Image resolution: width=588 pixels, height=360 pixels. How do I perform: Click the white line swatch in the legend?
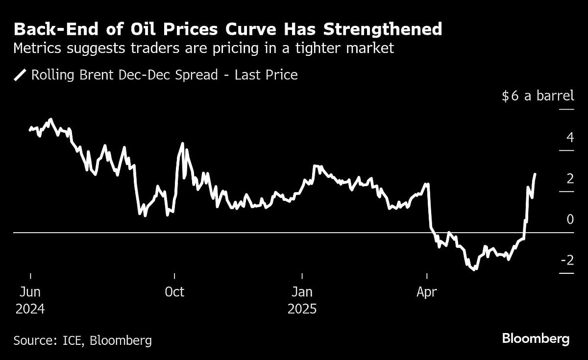[21, 75]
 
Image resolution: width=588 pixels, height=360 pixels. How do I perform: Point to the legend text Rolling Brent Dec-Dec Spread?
[124, 75]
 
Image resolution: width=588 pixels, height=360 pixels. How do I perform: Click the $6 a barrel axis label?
[538, 96]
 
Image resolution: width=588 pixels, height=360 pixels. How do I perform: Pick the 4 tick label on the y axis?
[570, 137]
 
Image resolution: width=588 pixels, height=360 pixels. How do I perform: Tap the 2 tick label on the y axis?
[570, 178]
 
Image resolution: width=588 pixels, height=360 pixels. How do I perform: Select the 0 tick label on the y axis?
[570, 219]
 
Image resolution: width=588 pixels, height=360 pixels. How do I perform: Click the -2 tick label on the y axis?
[567, 260]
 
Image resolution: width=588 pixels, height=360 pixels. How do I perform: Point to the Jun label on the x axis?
[30, 292]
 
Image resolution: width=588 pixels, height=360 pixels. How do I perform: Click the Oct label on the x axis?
[174, 292]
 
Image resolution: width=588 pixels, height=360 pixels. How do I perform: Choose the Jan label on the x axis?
[302, 292]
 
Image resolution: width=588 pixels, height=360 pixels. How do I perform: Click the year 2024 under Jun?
[30, 310]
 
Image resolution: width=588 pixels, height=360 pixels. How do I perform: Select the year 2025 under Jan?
[302, 310]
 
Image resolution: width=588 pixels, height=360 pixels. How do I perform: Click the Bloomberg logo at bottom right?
[536, 338]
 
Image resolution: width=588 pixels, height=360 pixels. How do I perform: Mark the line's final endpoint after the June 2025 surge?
[535, 174]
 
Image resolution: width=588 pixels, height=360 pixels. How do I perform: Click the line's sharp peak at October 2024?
[182, 144]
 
